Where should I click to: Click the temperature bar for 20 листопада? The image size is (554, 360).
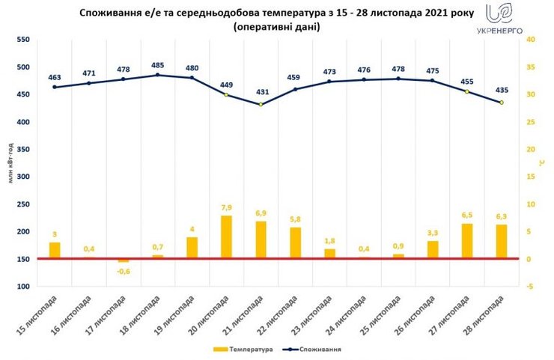pyautogui.click(x=226, y=237)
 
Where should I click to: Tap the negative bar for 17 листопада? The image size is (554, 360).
pyautogui.click(x=123, y=260)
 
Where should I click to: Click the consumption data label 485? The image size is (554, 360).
pyautogui.click(x=157, y=64)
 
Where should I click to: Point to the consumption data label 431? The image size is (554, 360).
pyautogui.click(x=261, y=92)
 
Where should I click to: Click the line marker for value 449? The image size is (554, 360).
pyautogui.click(x=226, y=94)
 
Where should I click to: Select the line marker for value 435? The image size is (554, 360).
pyautogui.click(x=502, y=103)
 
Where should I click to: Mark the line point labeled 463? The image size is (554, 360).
pyautogui.click(x=54, y=87)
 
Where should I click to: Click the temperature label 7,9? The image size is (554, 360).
pyautogui.click(x=226, y=207)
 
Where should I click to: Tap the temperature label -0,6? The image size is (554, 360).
pyautogui.click(x=123, y=272)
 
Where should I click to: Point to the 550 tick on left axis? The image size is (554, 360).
pyautogui.click(x=24, y=39)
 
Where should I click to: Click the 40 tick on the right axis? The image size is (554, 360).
pyautogui.click(x=529, y=39)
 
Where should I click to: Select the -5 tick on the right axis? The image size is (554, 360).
pyautogui.click(x=529, y=287)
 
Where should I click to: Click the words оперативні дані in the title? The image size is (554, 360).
pyautogui.click(x=276, y=27)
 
